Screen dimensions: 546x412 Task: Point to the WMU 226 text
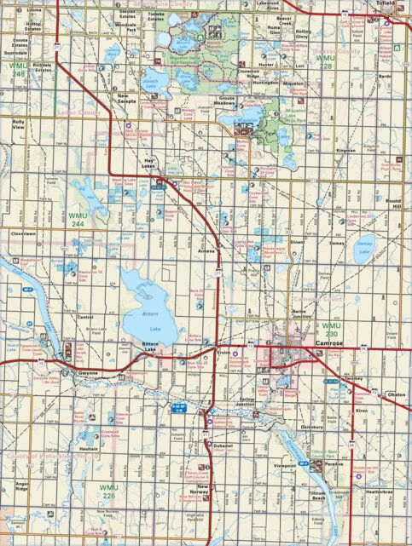coord(109,491)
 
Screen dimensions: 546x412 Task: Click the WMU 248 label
coord(19,69)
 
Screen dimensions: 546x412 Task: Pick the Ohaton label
coord(396,394)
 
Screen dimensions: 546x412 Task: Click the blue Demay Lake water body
coord(364,249)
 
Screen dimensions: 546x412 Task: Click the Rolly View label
coord(19,124)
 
